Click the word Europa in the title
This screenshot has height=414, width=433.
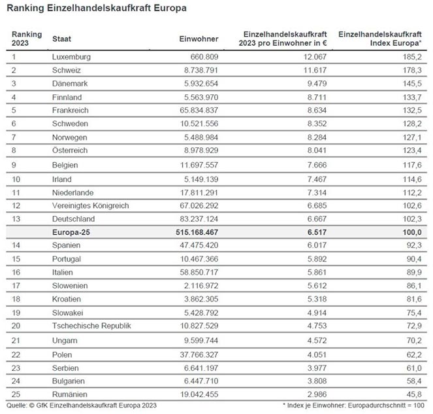point(170,9)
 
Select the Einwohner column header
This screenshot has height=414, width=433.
point(199,39)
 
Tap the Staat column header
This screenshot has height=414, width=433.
point(61,39)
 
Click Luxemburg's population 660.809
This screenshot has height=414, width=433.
point(204,57)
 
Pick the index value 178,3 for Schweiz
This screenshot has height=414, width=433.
point(411,70)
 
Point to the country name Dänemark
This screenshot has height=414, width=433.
point(70,84)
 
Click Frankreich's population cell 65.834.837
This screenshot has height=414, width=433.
point(199,111)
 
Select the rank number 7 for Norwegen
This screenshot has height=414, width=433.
point(14,137)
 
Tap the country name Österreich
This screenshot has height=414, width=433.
point(70,150)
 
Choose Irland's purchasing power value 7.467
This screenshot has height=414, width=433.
point(317,179)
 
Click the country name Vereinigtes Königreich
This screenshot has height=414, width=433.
point(91,206)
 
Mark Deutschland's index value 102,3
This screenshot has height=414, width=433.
point(411,219)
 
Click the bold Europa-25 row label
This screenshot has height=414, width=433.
point(71,232)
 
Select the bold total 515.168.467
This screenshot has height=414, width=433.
point(197,232)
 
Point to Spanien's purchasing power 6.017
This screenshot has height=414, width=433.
point(317,245)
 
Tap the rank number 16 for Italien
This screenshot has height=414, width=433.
point(16,273)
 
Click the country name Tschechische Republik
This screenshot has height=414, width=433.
point(91,326)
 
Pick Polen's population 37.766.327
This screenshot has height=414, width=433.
point(199,355)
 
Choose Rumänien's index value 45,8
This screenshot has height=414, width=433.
point(413,394)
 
